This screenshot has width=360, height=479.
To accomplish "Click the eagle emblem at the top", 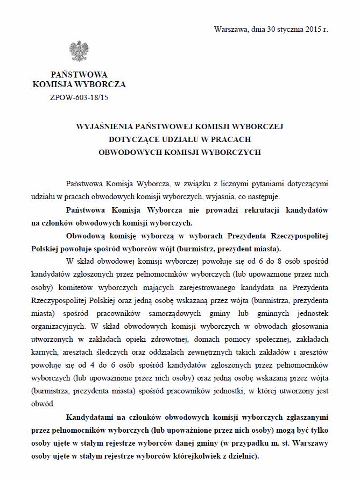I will [79, 51].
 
